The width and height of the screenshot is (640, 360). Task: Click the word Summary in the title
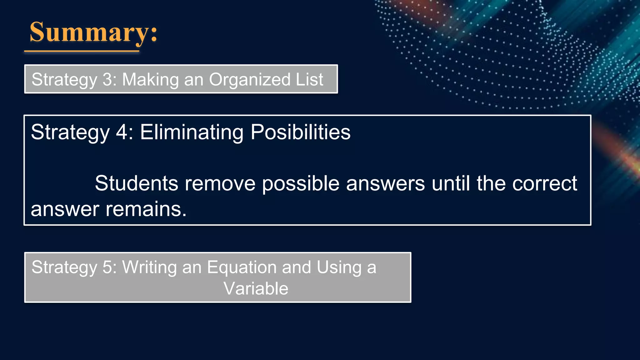89,32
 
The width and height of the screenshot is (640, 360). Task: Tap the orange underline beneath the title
82,51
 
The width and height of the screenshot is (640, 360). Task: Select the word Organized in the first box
249,79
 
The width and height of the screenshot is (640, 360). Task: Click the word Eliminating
192,132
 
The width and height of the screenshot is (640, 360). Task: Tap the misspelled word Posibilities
300,132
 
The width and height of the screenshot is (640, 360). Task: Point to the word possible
301,184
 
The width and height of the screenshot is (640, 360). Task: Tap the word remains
146,209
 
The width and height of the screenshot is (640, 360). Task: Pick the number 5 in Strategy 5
107,267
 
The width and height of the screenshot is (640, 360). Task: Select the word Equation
242,267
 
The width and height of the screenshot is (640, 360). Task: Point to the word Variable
256,288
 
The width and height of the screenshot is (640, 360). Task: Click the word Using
339,267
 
